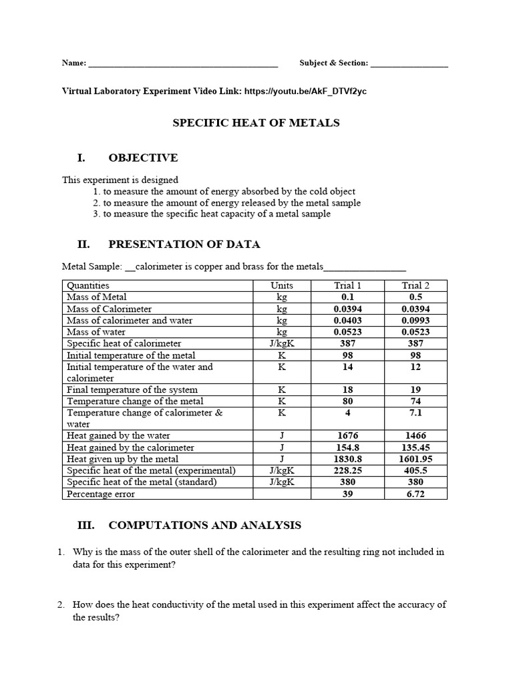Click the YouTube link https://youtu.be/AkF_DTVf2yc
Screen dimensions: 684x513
point(305,92)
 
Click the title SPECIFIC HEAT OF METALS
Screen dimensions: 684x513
point(256,123)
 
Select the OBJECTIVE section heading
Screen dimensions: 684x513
point(143,158)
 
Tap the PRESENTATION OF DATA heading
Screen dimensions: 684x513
point(184,244)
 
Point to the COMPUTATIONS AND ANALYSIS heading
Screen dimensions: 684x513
point(204,526)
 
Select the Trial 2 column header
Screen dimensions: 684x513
point(415,285)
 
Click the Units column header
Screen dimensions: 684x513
point(282,285)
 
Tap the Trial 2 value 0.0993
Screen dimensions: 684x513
point(415,321)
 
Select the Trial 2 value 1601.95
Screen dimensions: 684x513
point(415,459)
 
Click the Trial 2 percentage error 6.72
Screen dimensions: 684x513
point(415,494)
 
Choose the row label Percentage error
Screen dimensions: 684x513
point(101,494)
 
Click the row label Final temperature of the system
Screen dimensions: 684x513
point(132,389)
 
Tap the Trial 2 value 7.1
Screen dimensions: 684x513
point(415,413)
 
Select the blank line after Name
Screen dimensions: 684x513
point(183,64)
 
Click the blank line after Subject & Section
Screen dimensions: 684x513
point(409,64)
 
